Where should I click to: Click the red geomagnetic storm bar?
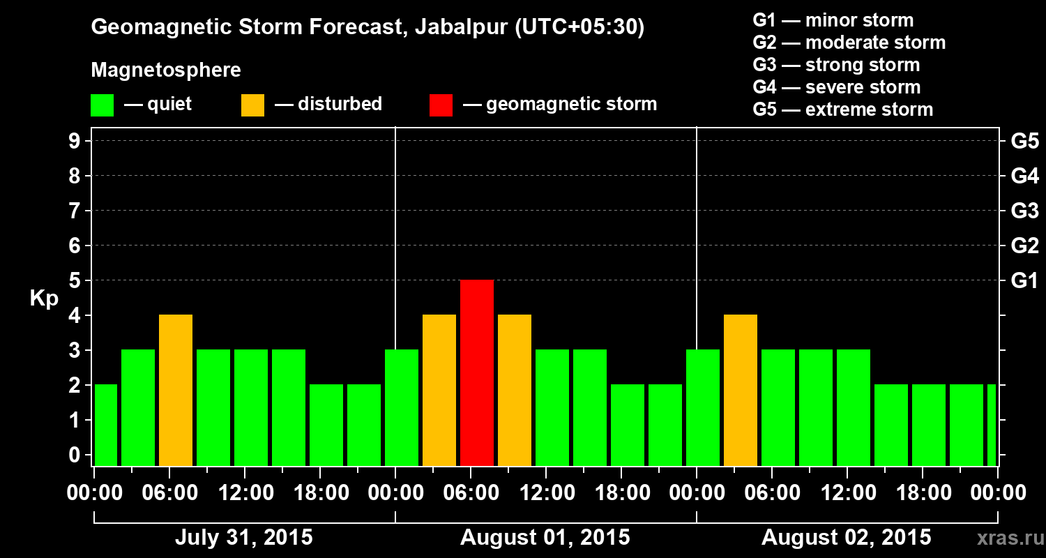(477, 372)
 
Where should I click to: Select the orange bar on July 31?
(176, 390)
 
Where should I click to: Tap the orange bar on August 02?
(741, 390)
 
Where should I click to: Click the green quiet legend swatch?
(103, 105)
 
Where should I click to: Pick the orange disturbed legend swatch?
(252, 105)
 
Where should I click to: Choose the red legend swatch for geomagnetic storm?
(441, 105)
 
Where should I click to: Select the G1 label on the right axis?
(1024, 281)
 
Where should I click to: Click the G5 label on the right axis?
(1024, 142)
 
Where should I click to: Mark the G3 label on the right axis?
(1024, 211)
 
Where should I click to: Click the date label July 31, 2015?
(243, 538)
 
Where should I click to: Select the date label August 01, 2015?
(545, 538)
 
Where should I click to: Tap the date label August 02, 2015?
(846, 538)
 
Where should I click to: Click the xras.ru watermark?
(1007, 538)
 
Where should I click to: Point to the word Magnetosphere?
(166, 70)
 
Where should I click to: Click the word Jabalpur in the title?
(460, 28)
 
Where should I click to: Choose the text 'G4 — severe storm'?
(837, 87)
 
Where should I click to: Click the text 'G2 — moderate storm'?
(849, 43)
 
